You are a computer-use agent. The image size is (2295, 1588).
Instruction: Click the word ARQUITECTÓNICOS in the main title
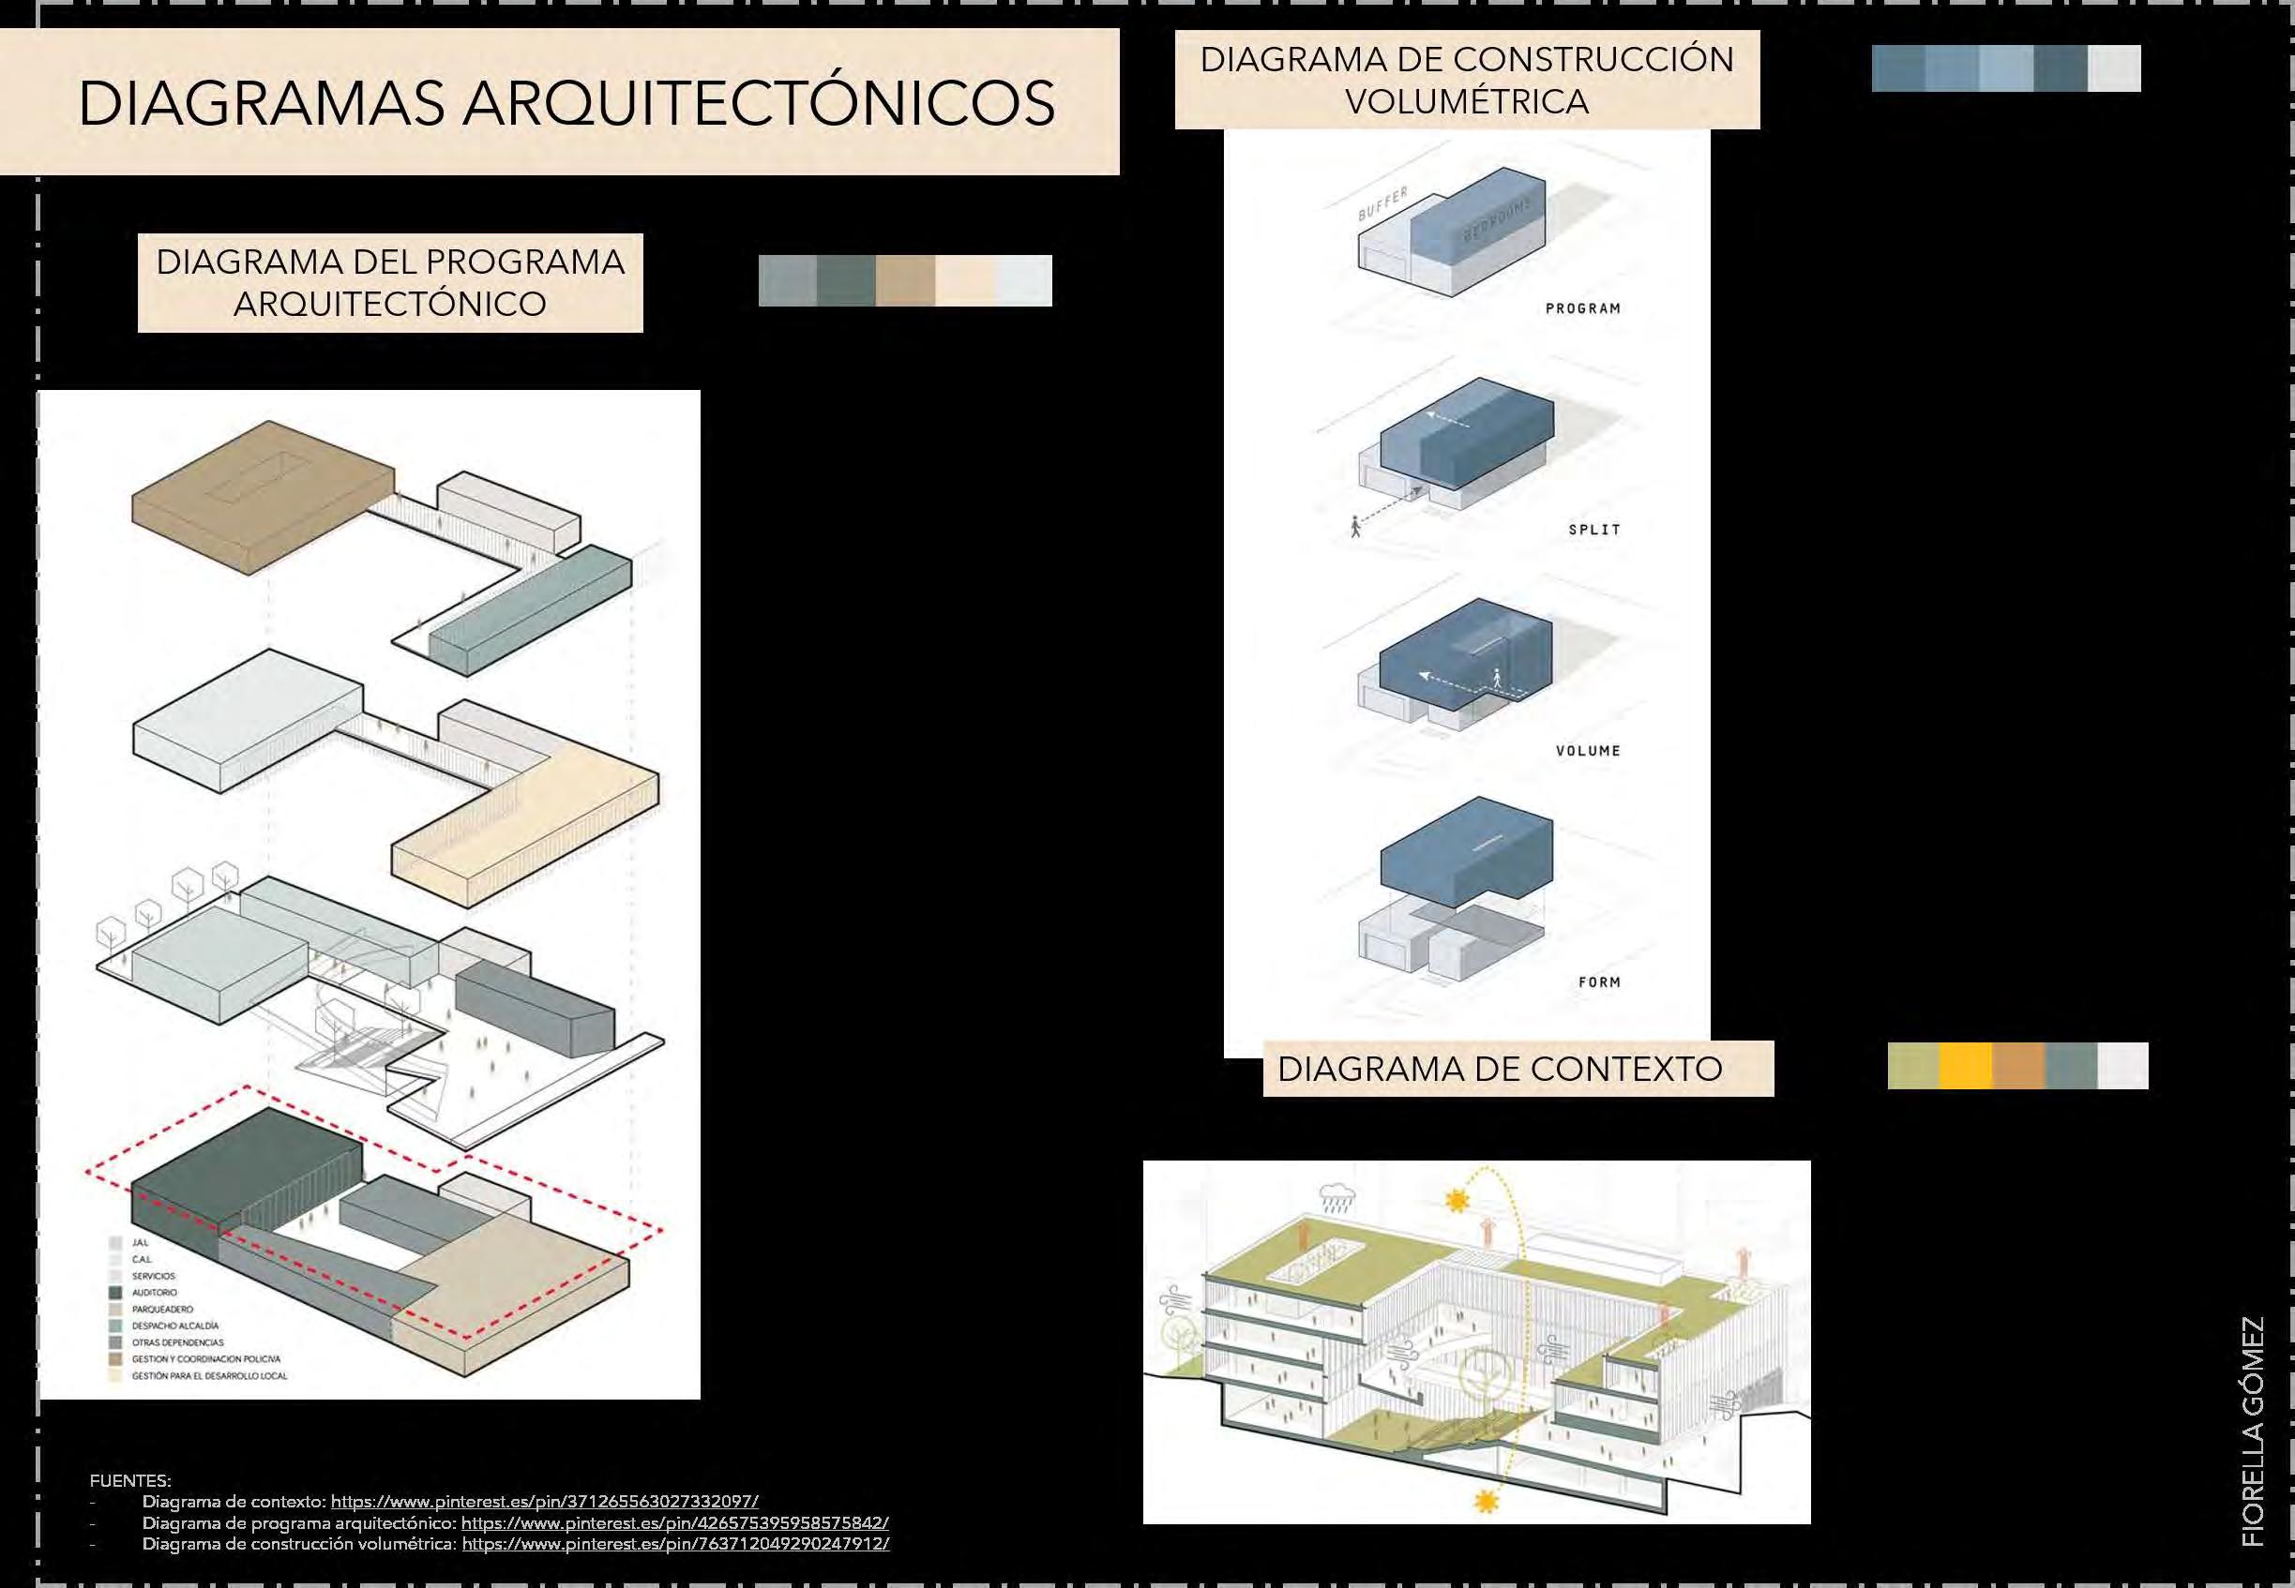758,103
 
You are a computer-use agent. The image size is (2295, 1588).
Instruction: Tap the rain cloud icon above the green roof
1335,1195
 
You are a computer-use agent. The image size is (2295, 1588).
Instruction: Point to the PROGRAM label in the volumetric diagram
1582,308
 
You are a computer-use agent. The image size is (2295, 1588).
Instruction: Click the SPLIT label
1594,530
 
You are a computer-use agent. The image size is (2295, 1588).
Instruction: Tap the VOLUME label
1588,750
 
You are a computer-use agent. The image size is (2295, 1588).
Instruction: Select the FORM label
1599,982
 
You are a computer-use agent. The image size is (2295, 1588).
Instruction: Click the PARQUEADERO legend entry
162,1310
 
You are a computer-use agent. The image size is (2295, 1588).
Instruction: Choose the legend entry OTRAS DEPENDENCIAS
177,1342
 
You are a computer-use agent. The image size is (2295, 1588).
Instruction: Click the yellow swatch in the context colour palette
1967,1067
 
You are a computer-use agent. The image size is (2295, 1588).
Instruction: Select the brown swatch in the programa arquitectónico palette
905,280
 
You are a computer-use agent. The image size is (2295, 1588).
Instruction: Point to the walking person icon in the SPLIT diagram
1354,525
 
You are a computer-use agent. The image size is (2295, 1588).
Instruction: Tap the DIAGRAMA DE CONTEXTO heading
1500,1069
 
